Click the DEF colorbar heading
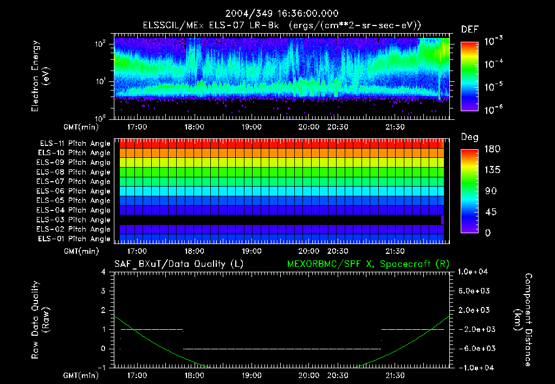click(x=469, y=29)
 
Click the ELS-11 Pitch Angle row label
click(x=75, y=144)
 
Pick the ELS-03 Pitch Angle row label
click(x=75, y=220)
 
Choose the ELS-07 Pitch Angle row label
click(x=75, y=182)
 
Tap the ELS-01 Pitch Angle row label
click(x=75, y=239)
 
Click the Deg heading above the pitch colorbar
click(x=469, y=137)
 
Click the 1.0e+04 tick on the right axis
click(x=475, y=272)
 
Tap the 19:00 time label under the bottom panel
click(x=252, y=375)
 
